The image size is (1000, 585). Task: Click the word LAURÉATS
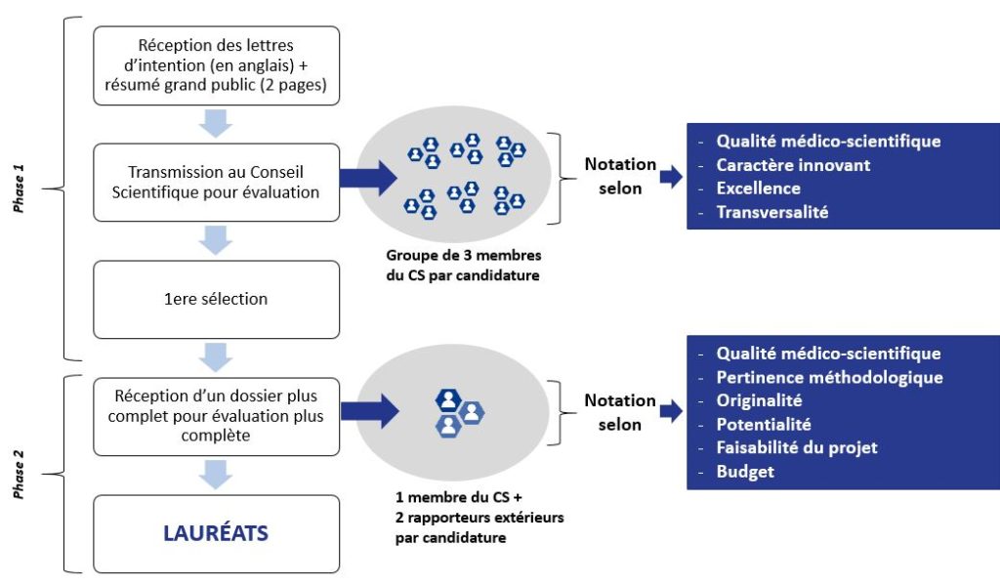216,532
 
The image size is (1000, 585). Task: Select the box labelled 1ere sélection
216,299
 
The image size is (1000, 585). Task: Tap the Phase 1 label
19,188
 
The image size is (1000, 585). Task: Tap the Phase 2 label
19,474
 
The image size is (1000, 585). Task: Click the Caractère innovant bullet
793,165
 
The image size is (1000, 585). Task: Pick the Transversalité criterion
771,212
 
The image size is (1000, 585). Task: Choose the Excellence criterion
758,188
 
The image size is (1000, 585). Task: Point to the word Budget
745,472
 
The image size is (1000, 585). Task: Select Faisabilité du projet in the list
797,448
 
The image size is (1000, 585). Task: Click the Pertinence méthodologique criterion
829,377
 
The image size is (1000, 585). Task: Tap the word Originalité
759,400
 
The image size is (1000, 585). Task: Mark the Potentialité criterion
764,424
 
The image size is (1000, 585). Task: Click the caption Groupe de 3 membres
464,255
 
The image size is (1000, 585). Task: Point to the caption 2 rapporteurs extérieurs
479,518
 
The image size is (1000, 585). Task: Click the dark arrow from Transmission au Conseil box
368,178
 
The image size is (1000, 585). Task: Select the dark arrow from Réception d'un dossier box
370,411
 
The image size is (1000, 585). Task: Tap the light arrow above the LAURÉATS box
216,475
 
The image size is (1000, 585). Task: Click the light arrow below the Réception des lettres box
216,123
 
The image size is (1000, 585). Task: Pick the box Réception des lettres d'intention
216,65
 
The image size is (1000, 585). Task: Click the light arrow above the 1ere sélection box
216,240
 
